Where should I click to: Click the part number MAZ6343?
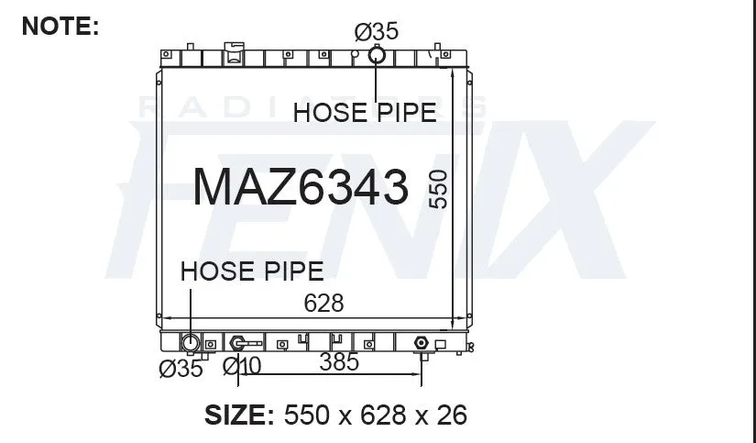(301, 186)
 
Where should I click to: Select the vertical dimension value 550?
(438, 189)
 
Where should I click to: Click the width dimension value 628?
(323, 303)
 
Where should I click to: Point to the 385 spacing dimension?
(339, 362)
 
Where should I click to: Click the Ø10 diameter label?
(242, 366)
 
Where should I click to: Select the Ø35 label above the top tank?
(377, 32)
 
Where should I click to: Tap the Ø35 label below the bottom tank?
(181, 369)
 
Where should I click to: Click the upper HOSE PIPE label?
(365, 113)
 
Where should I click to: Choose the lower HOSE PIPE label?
(252, 271)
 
